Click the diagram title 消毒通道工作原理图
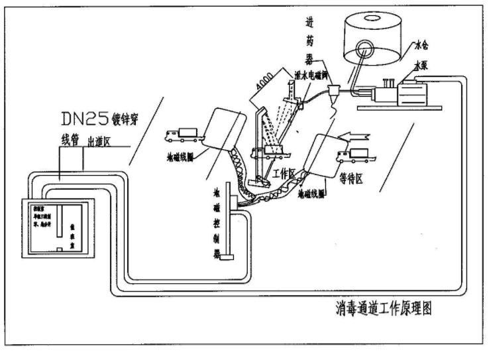384,310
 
